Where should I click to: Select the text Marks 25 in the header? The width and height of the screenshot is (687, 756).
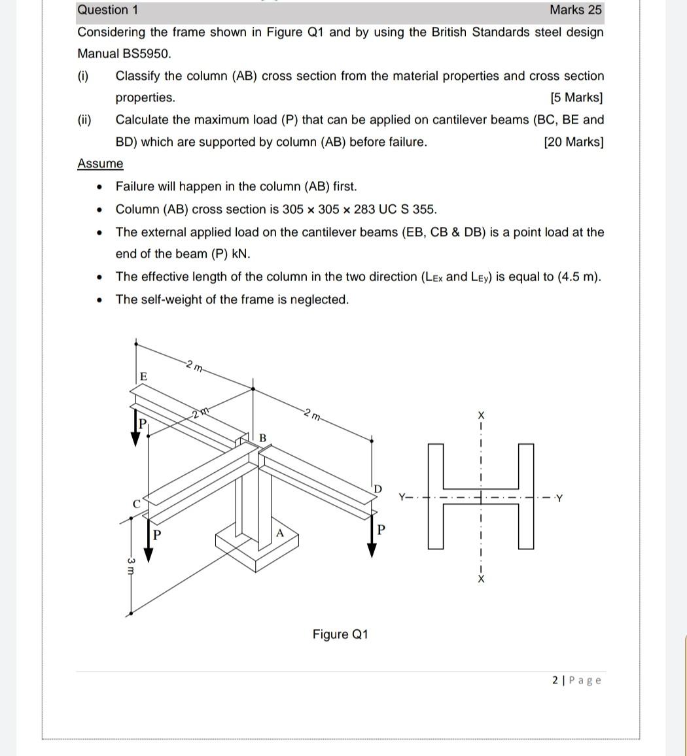tap(575, 10)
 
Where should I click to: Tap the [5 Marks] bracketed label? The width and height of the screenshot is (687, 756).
tap(576, 98)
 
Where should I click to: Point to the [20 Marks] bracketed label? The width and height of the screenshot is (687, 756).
tap(573, 142)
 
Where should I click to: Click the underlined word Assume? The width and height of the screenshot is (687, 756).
tap(100, 163)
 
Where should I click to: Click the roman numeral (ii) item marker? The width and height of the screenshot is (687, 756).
tap(85, 120)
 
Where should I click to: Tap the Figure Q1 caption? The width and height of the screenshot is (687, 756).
tap(340, 634)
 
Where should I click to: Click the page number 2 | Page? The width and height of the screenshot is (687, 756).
tap(576, 680)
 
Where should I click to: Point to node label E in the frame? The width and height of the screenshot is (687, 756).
tap(144, 377)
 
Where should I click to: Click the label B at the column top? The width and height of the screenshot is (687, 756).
tap(263, 437)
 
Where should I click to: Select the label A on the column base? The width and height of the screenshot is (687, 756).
tap(279, 533)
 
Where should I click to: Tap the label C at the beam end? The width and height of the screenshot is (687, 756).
tap(137, 504)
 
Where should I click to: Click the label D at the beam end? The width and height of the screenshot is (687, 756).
tap(378, 489)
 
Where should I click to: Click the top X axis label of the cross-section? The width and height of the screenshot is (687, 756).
tap(482, 415)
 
